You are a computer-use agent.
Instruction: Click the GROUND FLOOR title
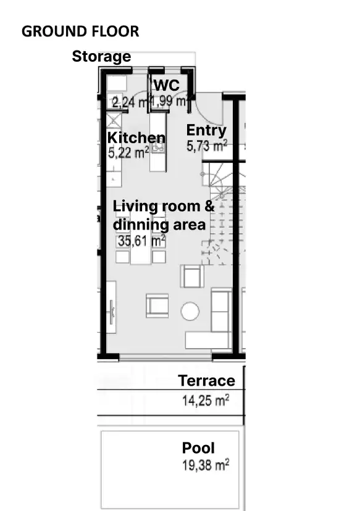80,31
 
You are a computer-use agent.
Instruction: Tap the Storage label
101,57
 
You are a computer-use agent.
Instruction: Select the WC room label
166,85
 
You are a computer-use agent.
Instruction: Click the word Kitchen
136,138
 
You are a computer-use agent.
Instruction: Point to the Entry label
206,131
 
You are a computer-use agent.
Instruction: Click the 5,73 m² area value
206,146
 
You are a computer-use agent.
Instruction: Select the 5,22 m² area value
128,153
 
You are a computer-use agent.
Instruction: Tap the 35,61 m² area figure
141,241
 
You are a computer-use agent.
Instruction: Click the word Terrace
206,381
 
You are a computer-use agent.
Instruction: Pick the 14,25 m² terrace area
205,401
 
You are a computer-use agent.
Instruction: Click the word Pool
198,448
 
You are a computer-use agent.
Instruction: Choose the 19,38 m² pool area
205,465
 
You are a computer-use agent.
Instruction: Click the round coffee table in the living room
190,311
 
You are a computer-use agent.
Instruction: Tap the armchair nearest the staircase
192,276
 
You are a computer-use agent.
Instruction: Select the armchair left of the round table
157,305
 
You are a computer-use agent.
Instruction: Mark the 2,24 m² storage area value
128,102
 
